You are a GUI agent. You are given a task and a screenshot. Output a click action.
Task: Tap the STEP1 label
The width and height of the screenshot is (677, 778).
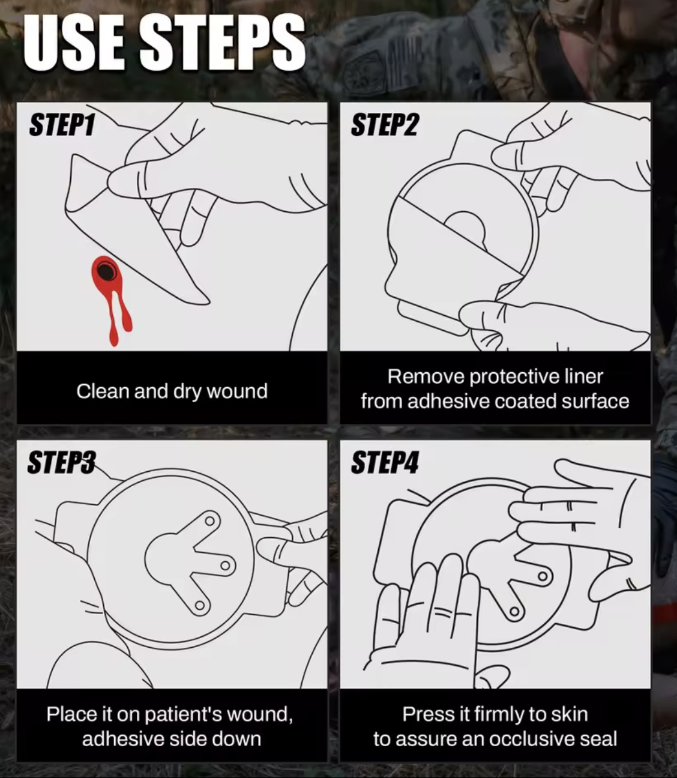(62, 125)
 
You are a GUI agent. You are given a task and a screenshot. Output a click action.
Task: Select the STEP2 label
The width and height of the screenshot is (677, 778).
(385, 125)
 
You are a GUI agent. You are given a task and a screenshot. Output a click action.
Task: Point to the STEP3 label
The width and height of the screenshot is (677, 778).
(61, 462)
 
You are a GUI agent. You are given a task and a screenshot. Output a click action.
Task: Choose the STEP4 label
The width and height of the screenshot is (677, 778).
(385, 463)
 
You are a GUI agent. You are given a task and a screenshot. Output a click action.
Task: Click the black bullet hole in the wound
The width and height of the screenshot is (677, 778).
(105, 271)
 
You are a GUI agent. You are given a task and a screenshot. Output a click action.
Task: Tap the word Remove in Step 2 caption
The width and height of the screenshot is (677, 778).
(426, 377)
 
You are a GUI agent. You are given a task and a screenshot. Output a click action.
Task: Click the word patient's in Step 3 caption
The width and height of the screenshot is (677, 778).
(184, 714)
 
